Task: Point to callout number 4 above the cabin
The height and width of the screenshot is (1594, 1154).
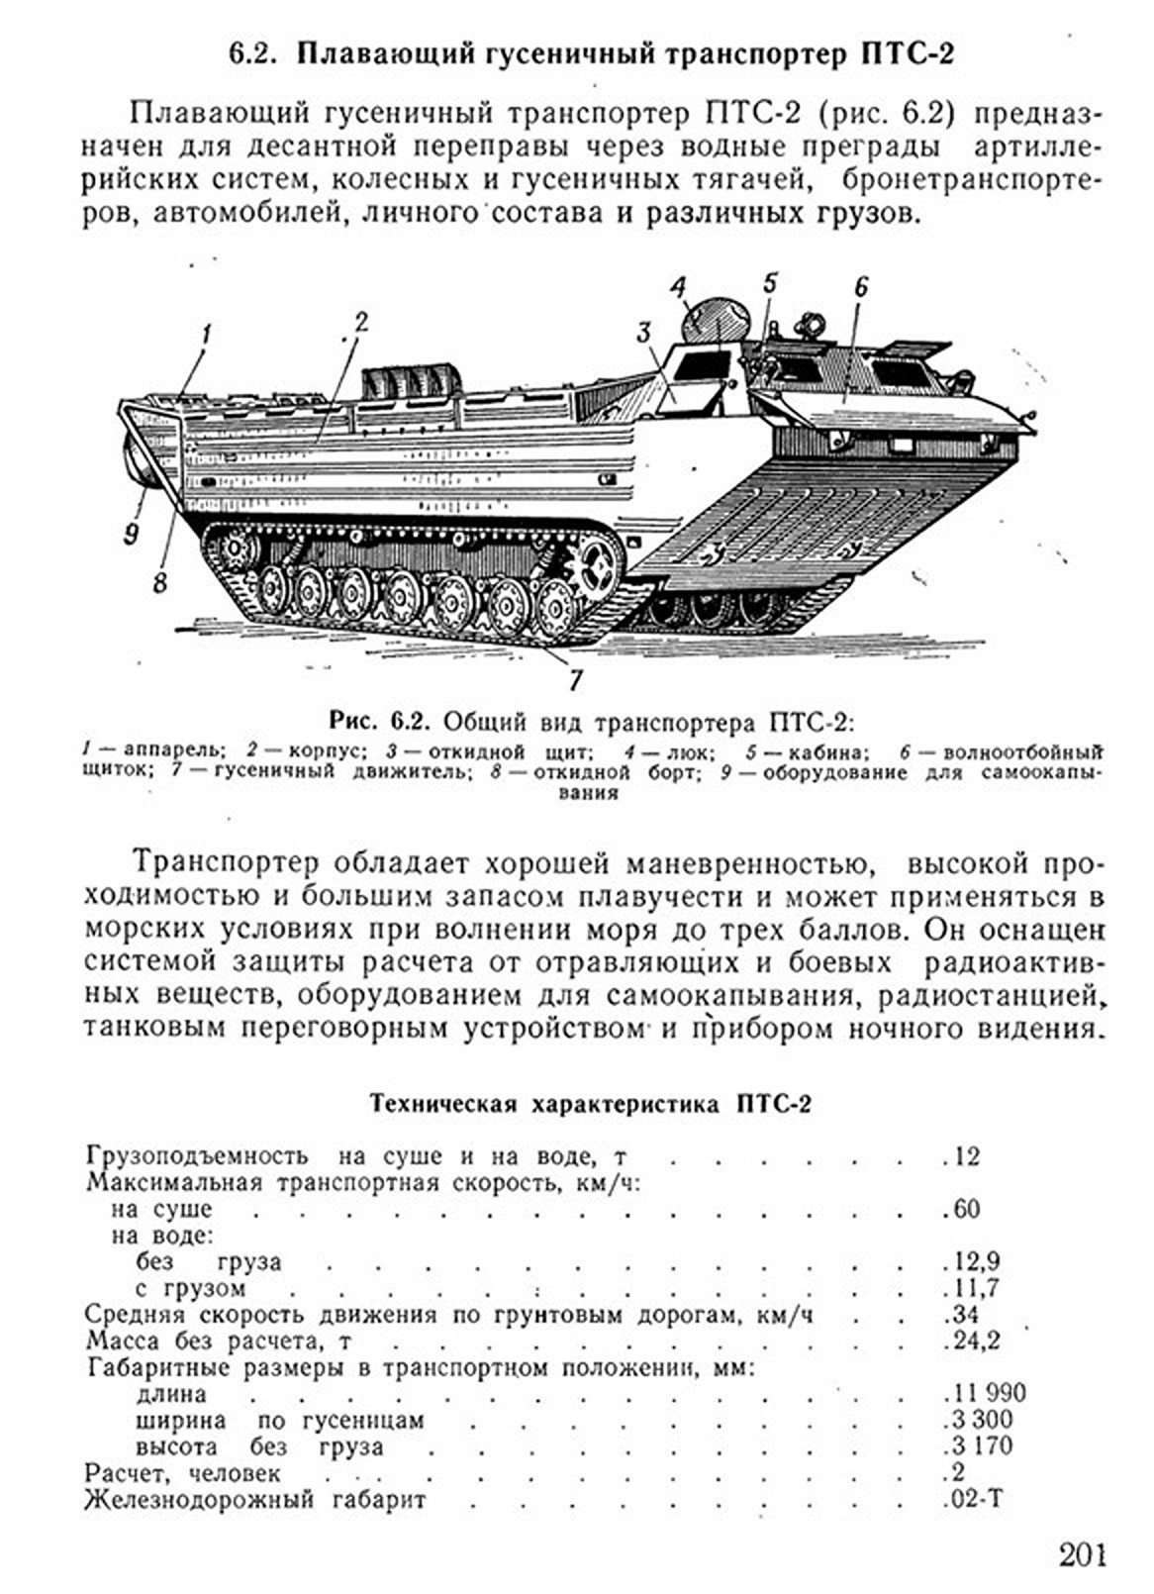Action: [x=677, y=288]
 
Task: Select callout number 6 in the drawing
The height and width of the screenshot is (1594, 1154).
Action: [x=861, y=287]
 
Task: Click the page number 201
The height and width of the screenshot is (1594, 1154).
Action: [x=1082, y=1554]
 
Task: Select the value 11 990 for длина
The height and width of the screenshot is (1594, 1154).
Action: [x=987, y=1394]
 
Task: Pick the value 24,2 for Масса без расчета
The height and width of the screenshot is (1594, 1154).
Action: [x=975, y=1342]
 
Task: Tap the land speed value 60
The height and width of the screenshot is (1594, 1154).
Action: [x=965, y=1209]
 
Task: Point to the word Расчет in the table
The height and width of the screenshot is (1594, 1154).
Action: [x=121, y=1473]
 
